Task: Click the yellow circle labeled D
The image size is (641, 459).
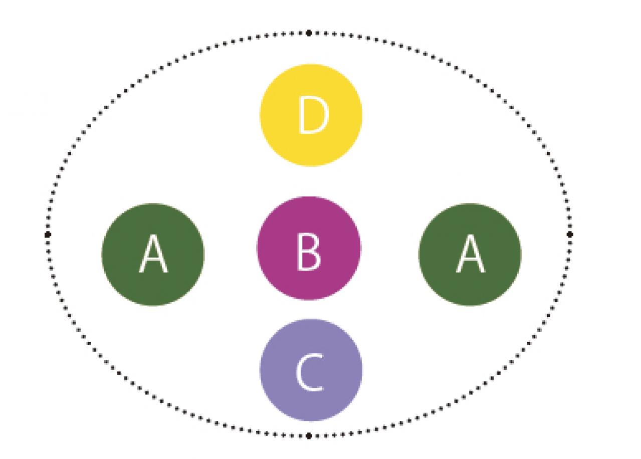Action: click(x=311, y=115)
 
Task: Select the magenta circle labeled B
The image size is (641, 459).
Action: click(x=309, y=248)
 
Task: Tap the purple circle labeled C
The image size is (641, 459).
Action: click(x=311, y=370)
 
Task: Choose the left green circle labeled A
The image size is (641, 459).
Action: click(x=153, y=254)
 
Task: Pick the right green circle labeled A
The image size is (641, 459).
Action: click(x=470, y=254)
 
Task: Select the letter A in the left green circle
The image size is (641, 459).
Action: click(x=153, y=255)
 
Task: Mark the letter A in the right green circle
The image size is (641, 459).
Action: click(x=470, y=255)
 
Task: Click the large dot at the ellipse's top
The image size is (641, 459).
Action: click(x=309, y=33)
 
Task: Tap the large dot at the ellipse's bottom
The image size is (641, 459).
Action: click(x=309, y=435)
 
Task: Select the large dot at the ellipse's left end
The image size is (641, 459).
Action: click(x=48, y=234)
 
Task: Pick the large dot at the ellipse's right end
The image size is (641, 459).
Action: click(x=570, y=234)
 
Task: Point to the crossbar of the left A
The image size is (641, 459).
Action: click(x=153, y=262)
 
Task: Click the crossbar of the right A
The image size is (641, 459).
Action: click(x=470, y=262)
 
